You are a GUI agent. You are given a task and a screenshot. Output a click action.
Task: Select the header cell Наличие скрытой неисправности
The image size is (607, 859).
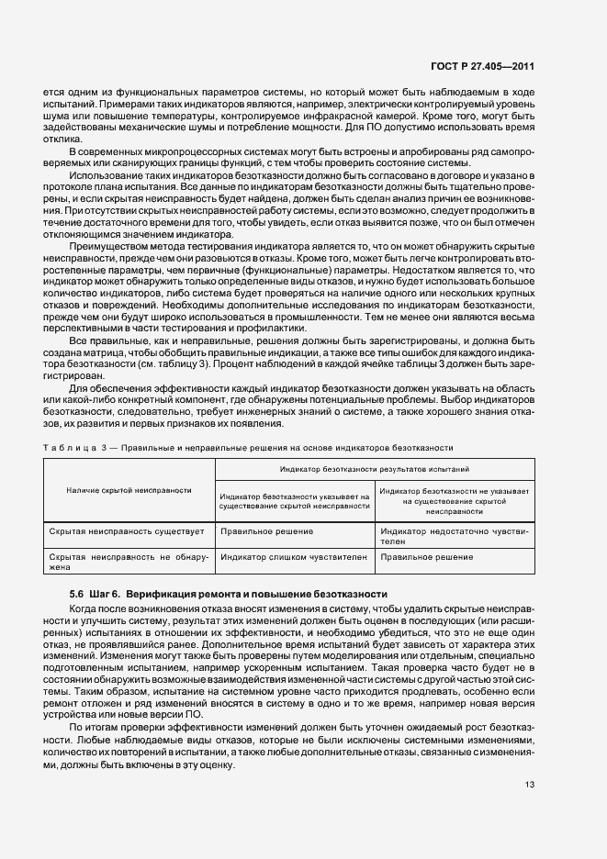tap(129, 490)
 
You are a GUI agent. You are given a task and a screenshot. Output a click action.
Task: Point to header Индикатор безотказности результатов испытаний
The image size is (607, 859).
tap(374, 468)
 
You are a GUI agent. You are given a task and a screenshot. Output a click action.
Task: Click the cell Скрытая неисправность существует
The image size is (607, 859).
tap(115, 530)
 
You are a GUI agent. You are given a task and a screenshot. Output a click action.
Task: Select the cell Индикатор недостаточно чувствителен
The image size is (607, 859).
tap(454, 536)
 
